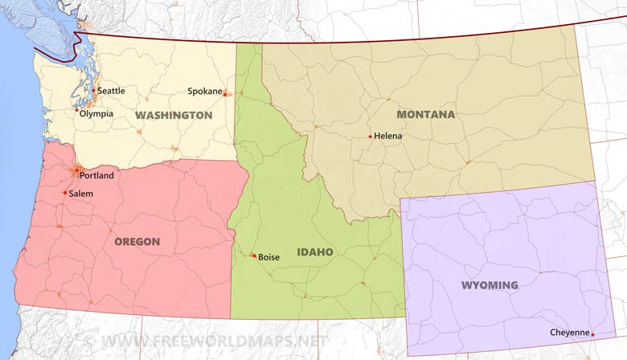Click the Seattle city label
click(112, 91)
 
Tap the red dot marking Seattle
click(93, 91)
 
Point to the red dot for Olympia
click(77, 110)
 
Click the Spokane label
click(204, 91)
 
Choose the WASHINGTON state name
click(174, 116)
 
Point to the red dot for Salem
click(65, 193)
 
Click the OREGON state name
click(137, 241)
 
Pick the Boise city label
click(269, 257)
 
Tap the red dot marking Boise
click(254, 256)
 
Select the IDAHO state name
click(315, 252)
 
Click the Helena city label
click(388, 136)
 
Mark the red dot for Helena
click(371, 137)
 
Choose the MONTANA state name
click(425, 115)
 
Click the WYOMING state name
click(490, 285)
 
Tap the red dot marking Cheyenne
click(593, 334)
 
